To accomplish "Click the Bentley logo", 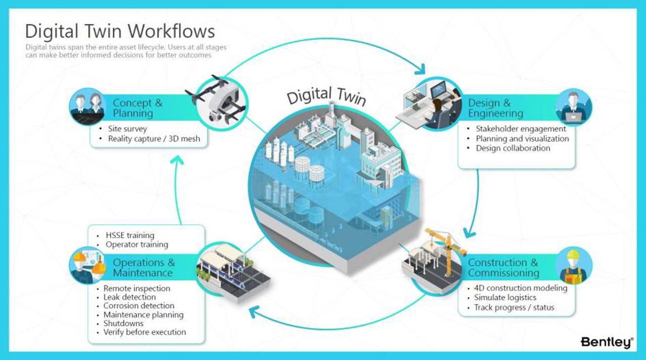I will tap(607, 342).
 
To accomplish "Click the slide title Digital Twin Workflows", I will tap(120, 31).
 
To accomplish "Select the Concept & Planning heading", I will tap(137, 108).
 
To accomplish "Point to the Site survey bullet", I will tap(127, 129).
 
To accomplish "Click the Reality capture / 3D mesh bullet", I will tap(154, 138).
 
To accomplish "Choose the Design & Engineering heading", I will tap(496, 108).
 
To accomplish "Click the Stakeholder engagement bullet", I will tap(521, 129).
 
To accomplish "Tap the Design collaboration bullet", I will tap(513, 148).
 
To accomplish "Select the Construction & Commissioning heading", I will tap(503, 268).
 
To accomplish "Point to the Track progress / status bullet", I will tap(514, 307).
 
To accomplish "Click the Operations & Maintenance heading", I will tap(143, 268).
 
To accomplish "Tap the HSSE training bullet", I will tap(130, 235).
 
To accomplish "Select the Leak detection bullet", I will tap(129, 297).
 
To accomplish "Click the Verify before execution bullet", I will tap(144, 332).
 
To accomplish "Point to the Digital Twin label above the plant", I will tap(326, 95).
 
